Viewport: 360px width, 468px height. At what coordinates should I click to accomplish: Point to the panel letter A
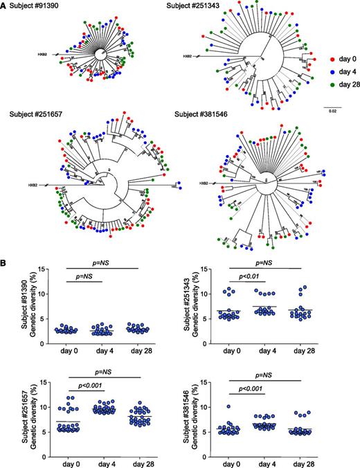5,6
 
